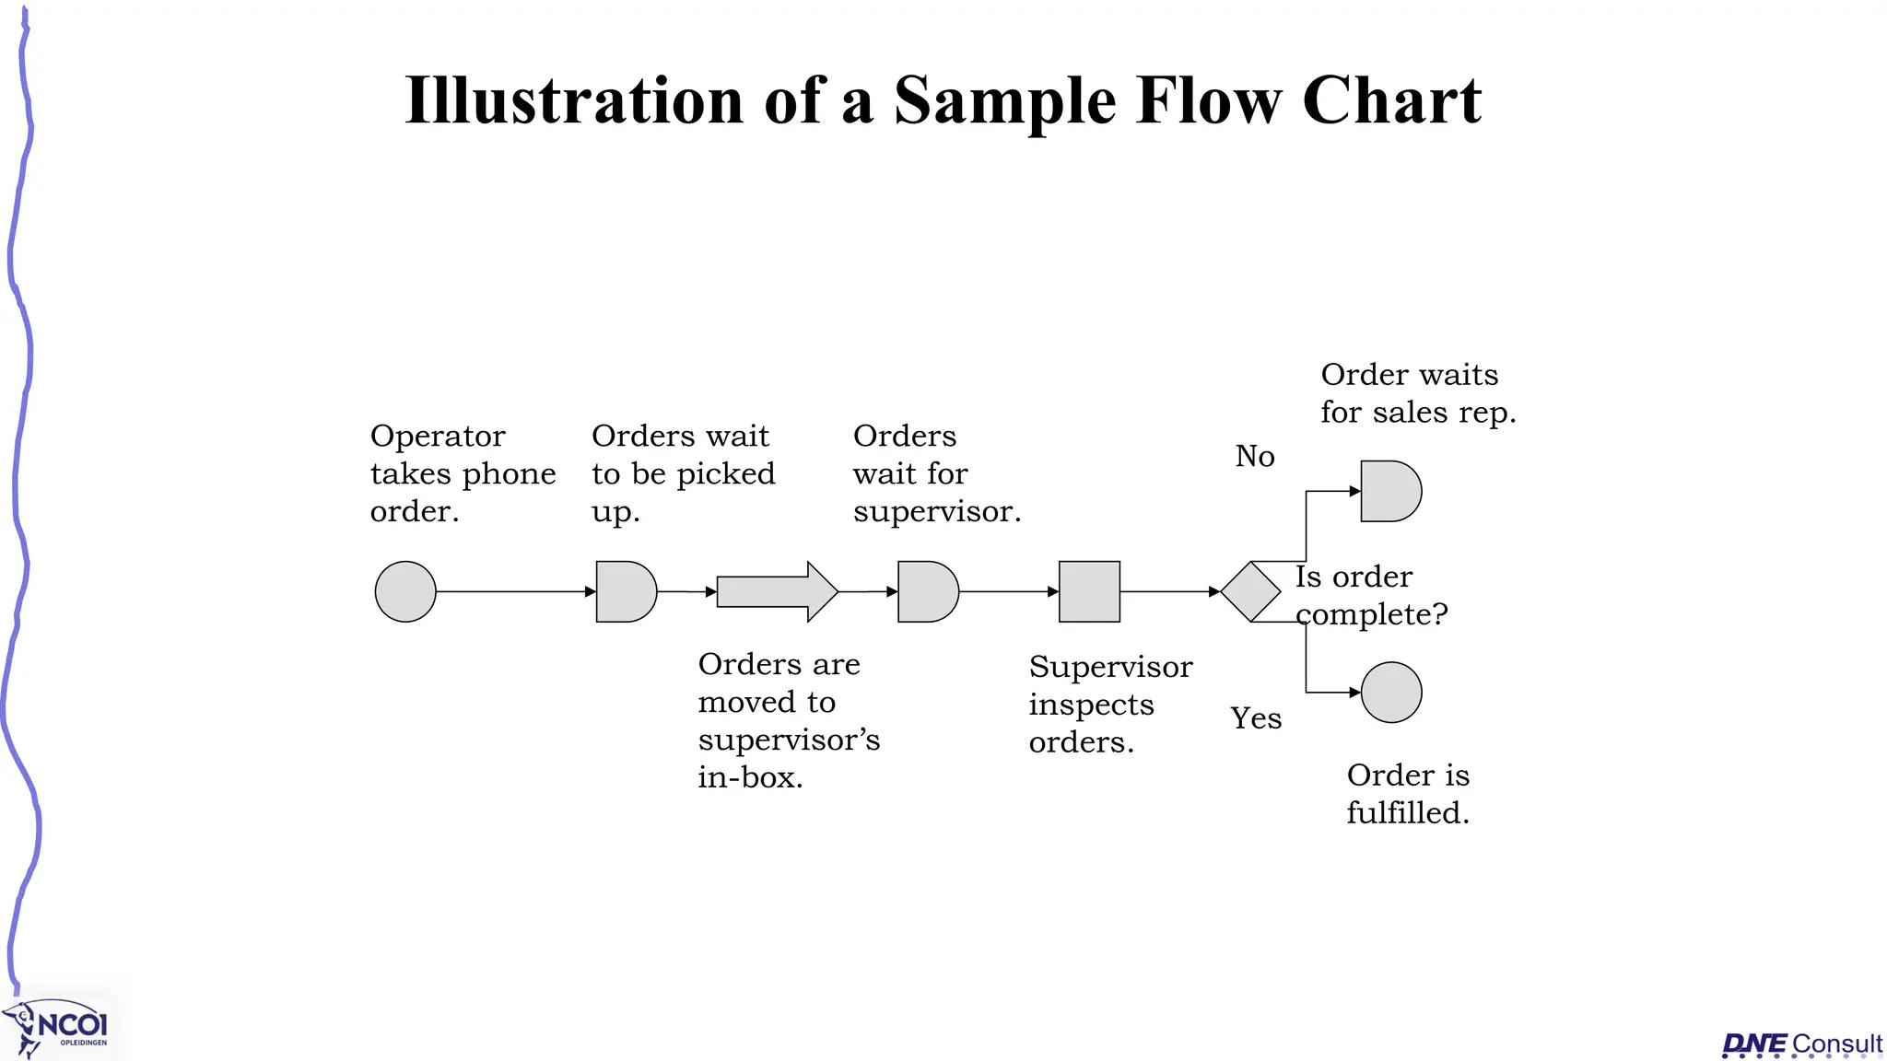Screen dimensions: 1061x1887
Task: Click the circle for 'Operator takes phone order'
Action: tap(405, 591)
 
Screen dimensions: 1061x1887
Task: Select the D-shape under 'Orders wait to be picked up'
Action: tap(625, 591)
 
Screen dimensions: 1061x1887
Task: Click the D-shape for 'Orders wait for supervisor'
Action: tap(927, 591)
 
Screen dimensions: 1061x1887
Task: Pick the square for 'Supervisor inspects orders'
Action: tap(1089, 591)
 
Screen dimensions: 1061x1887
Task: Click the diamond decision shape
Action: tap(1250, 591)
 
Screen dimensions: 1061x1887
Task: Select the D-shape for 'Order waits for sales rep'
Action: tap(1389, 491)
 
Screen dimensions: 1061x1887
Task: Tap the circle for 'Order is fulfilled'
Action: tap(1391, 692)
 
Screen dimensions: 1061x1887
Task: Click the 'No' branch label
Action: tap(1255, 456)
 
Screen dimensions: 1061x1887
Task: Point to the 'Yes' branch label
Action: tap(1256, 717)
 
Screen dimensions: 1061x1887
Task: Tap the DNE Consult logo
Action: tap(1801, 1044)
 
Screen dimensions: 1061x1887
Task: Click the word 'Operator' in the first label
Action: tap(438, 436)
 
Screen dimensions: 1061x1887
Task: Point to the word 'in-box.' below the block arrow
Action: tap(750, 777)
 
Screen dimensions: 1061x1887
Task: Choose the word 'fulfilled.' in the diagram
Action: tap(1407, 813)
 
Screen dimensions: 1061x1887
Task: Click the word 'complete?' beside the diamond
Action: tap(1372, 614)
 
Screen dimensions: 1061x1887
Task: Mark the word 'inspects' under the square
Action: tap(1091, 705)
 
